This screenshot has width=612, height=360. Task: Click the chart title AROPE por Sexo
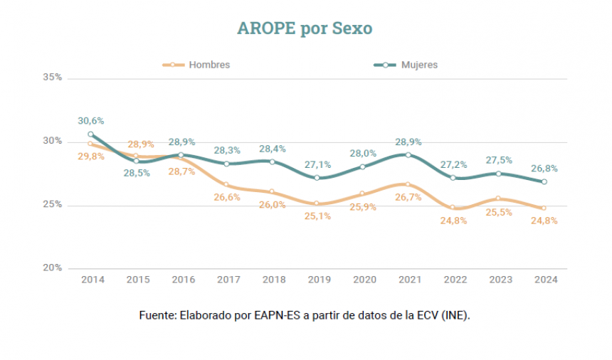pyautogui.click(x=305, y=28)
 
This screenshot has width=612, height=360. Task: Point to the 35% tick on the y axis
pyautogui.click(x=53, y=77)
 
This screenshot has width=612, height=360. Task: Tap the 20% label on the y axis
pyautogui.click(x=53, y=268)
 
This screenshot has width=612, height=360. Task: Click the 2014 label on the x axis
pyautogui.click(x=93, y=280)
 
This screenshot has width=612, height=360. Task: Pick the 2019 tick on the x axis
pyautogui.click(x=319, y=280)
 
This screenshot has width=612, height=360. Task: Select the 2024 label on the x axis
pyautogui.click(x=545, y=280)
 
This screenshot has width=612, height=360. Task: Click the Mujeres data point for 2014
pyautogui.click(x=91, y=134)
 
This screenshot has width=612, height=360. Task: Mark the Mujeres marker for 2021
pyautogui.click(x=408, y=154)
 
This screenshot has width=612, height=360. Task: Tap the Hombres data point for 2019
pyautogui.click(x=317, y=203)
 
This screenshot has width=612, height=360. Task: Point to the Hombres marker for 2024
pyautogui.click(x=544, y=208)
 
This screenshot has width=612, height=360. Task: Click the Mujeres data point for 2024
pyautogui.click(x=544, y=181)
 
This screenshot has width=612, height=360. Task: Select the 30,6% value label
pyautogui.click(x=91, y=121)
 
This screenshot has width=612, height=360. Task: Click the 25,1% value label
pyautogui.click(x=319, y=217)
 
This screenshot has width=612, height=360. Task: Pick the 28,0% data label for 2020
pyautogui.click(x=363, y=153)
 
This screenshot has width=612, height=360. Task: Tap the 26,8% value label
pyautogui.click(x=544, y=169)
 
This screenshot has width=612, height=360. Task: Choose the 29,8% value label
pyautogui.click(x=91, y=157)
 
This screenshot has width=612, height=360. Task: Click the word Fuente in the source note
pyautogui.click(x=156, y=314)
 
